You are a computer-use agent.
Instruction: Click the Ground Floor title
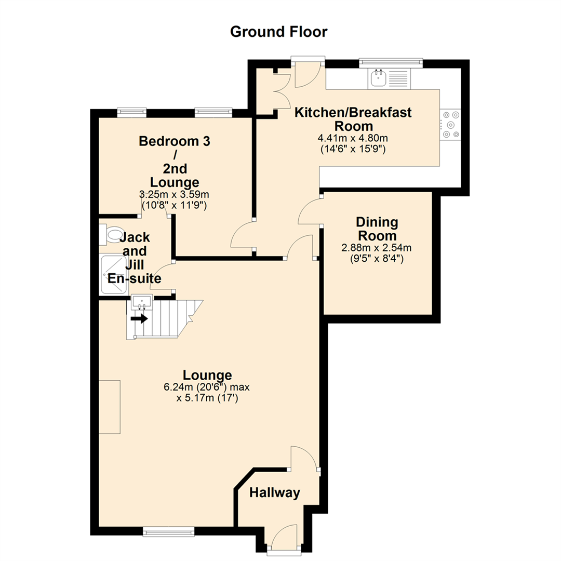point(278,32)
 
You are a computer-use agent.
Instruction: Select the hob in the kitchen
point(450,124)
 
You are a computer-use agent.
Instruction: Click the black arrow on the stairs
point(139,318)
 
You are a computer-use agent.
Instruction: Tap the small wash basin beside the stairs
point(141,302)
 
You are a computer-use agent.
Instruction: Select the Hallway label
point(275,493)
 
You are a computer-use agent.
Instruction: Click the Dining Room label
point(377,229)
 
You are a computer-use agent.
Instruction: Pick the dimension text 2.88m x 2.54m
point(377,247)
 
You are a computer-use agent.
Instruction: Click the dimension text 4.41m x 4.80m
point(353,139)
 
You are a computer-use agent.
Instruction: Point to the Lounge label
point(207,375)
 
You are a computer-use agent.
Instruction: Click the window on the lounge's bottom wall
point(168,531)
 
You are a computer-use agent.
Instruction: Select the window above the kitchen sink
point(391,63)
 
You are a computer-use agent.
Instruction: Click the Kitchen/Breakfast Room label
point(353,119)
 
